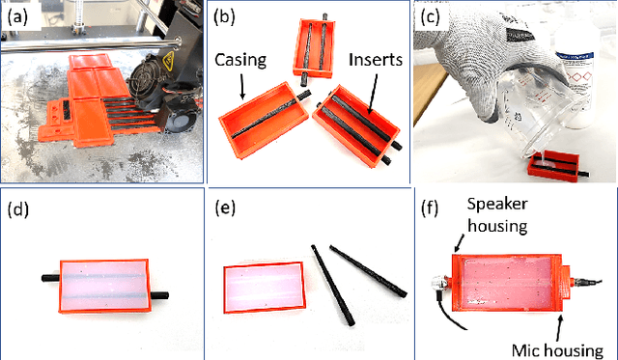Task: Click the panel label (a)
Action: [x=17, y=17]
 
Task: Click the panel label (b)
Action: [x=224, y=17]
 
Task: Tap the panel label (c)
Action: [x=430, y=17]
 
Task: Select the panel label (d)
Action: [x=18, y=209]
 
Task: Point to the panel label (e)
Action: [x=225, y=208]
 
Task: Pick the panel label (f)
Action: [x=430, y=208]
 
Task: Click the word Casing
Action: [x=240, y=60]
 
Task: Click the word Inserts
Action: [x=376, y=60]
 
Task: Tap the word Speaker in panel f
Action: [x=497, y=204]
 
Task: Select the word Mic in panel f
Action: [x=526, y=350]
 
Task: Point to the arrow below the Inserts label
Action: [x=373, y=93]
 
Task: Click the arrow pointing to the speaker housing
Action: [x=460, y=242]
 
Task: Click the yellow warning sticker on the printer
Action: [x=169, y=62]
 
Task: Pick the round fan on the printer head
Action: [x=143, y=79]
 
